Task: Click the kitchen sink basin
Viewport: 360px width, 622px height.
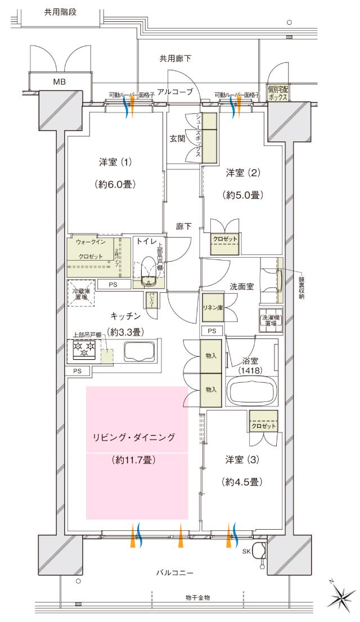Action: coord(137,352)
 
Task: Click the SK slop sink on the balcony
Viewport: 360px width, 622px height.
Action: coord(260,551)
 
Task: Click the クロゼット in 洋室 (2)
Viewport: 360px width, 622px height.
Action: coord(225,239)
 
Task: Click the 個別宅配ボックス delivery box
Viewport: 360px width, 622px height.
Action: coord(278,93)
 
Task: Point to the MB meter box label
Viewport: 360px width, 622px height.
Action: coord(59,82)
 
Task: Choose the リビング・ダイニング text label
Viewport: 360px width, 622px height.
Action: coord(134,436)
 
